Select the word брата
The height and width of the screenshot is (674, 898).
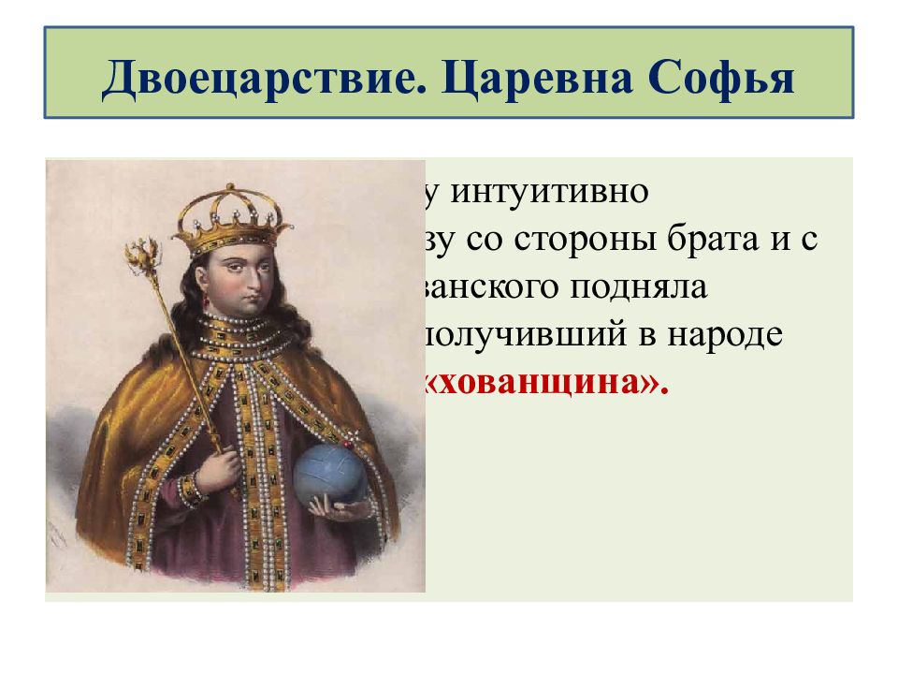726,240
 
